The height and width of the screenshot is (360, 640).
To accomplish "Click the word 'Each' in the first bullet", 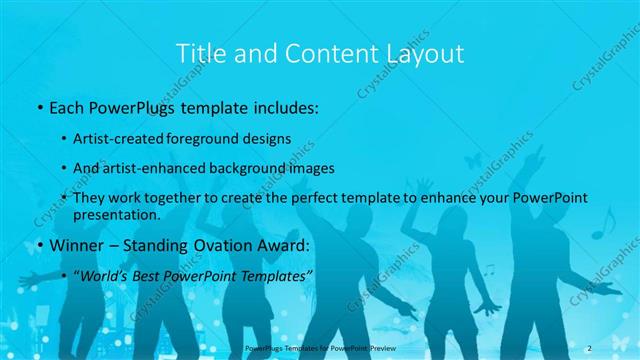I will (67, 107).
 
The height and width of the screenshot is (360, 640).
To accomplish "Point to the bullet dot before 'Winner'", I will (38, 246).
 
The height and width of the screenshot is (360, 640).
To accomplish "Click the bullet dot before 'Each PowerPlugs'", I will (38, 108).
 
